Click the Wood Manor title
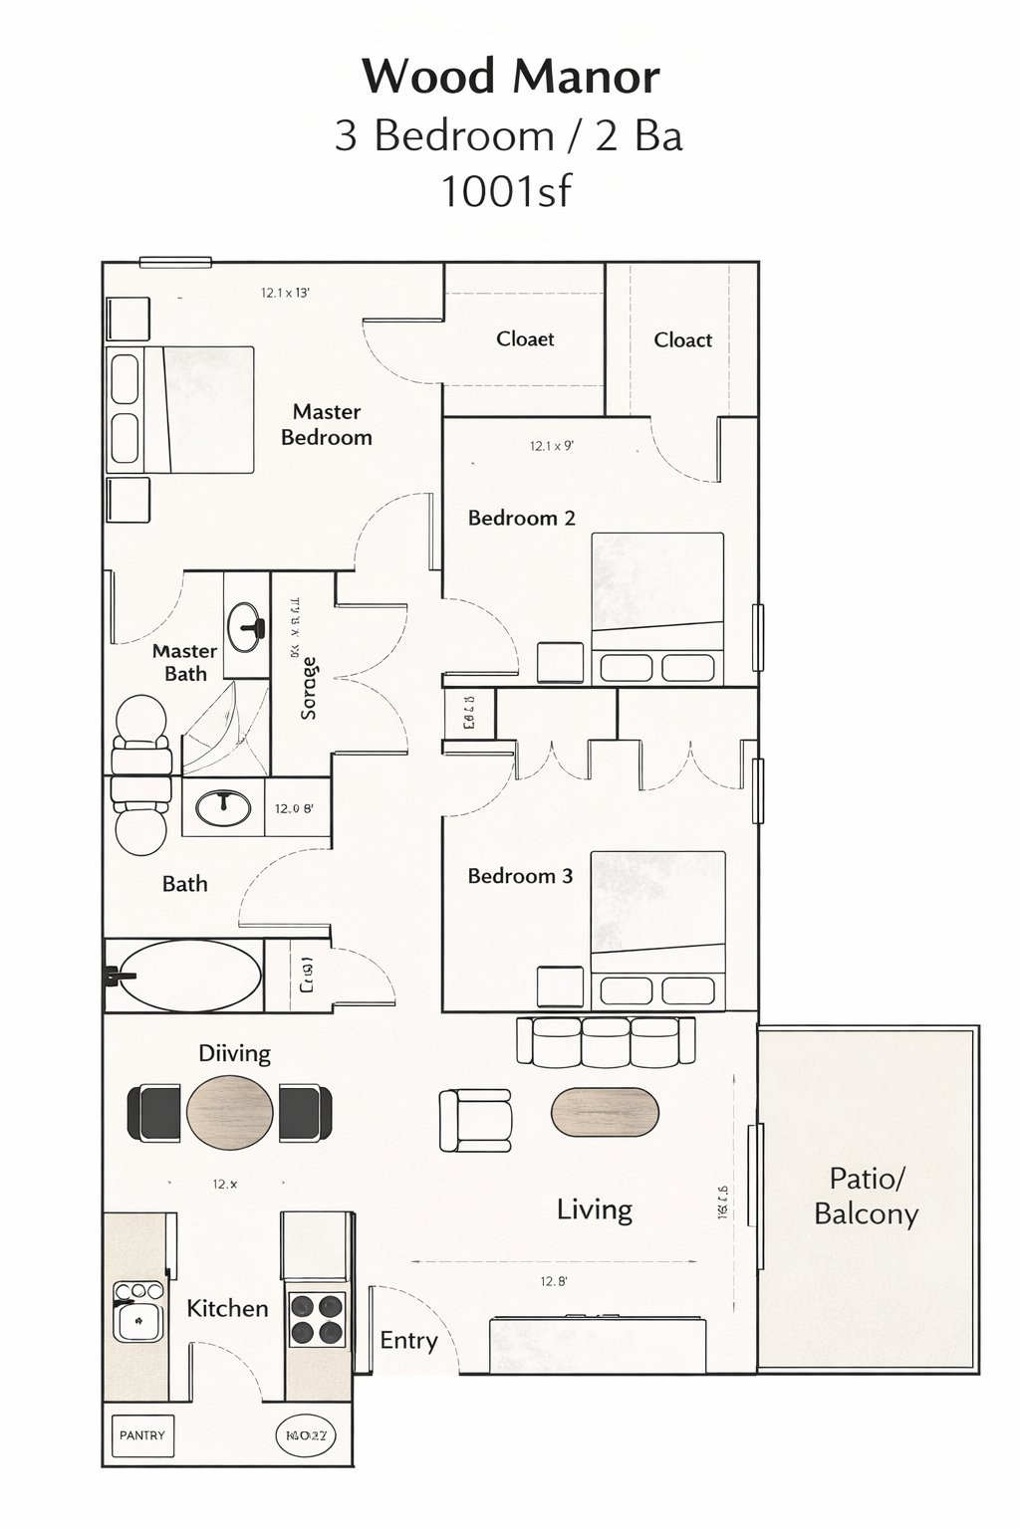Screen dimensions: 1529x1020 point(510,77)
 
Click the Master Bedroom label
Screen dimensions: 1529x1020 point(327,425)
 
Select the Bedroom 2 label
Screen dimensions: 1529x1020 point(521,518)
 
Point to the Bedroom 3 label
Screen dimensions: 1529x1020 point(520,876)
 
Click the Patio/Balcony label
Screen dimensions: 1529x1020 point(866,1197)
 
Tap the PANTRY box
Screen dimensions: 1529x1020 point(142,1435)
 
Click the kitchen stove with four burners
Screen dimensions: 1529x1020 point(317,1318)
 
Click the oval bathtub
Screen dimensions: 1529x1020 point(190,976)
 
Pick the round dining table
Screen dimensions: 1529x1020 point(230,1113)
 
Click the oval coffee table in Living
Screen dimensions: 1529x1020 point(605,1112)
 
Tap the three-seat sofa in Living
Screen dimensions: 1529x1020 point(605,1040)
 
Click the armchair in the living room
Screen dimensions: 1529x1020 point(476,1121)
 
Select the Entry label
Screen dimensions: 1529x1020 point(408,1340)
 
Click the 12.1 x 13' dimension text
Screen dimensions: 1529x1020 point(285,293)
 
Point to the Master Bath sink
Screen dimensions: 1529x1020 point(246,626)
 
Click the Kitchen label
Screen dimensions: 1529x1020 point(227,1308)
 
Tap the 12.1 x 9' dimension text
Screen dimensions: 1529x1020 point(551,446)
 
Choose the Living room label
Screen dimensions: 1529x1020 point(595,1209)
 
